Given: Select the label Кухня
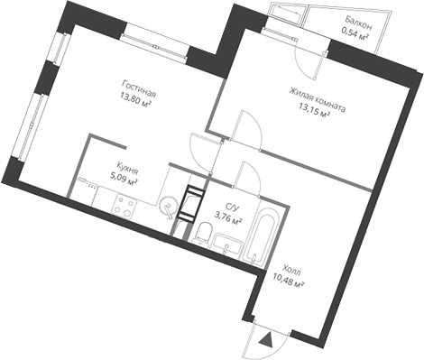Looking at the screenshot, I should (127, 167).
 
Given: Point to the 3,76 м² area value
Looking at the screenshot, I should (227, 217).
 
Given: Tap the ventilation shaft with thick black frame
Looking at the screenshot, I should (190, 204).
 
